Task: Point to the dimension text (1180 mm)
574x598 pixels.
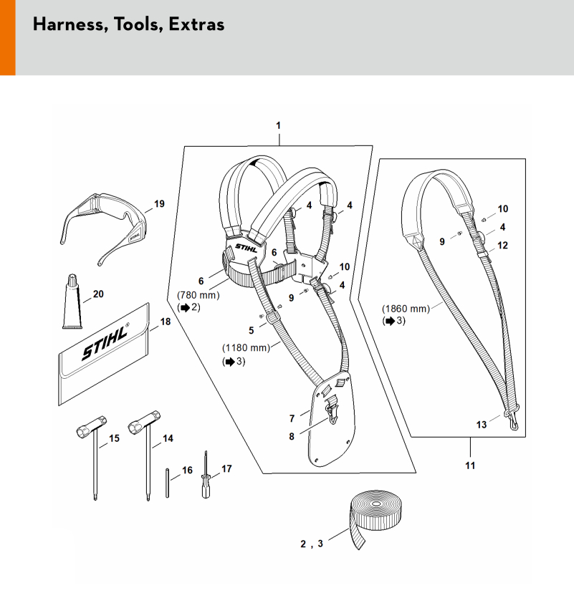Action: click(x=246, y=348)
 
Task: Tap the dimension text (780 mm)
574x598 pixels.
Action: click(x=198, y=294)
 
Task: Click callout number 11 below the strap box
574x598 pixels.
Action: click(x=470, y=466)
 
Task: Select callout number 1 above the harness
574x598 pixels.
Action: click(x=278, y=125)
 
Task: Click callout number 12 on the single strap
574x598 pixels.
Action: click(x=502, y=245)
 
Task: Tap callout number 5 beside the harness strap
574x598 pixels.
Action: click(x=251, y=330)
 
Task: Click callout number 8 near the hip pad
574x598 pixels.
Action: click(x=292, y=435)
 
